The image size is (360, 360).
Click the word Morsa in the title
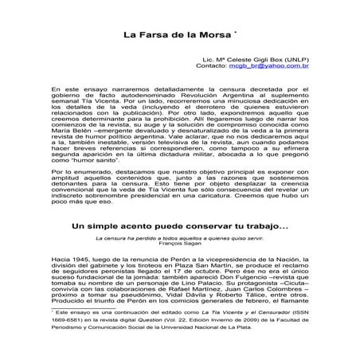(x=214, y=36)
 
